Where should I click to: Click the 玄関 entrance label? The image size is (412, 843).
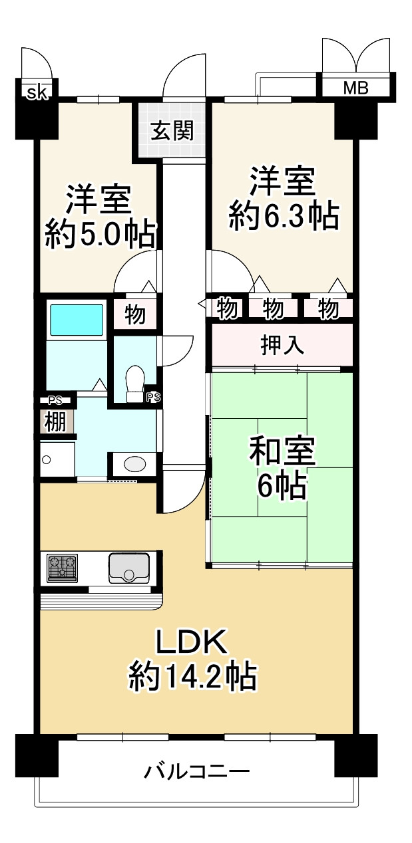172,131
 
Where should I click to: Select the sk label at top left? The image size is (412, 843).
37,92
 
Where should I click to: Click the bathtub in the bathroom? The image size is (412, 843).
77,320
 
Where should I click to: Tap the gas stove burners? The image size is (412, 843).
63,567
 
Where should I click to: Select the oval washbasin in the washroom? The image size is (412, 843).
136,463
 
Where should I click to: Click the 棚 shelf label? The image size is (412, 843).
55,421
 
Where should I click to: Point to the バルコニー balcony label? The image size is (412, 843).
197,772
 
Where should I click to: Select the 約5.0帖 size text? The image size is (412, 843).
101,234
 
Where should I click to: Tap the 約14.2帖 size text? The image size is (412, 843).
192,676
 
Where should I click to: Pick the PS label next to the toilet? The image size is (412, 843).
153,398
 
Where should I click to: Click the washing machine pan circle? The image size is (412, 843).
47,459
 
